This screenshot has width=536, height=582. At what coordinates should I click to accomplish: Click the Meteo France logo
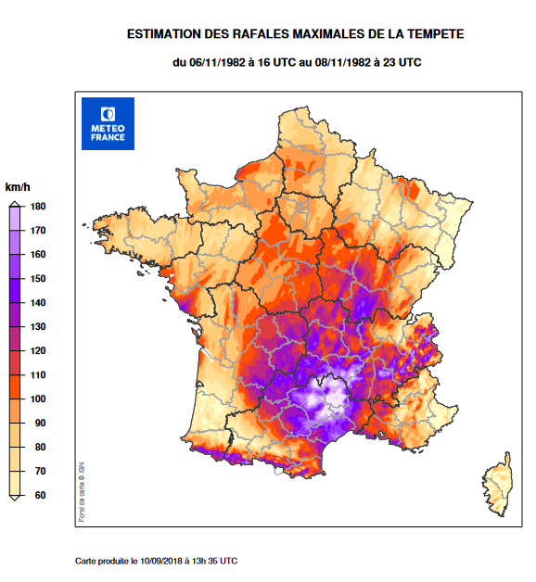pyautogui.click(x=108, y=123)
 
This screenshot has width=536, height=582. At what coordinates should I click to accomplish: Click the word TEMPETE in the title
pyautogui.click(x=432, y=34)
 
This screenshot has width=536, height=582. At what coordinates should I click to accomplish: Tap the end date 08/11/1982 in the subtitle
pyautogui.click(x=344, y=62)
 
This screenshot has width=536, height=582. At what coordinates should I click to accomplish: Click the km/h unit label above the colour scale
pyautogui.click(x=19, y=188)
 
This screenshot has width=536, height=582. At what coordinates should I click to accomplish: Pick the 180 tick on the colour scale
pyautogui.click(x=39, y=207)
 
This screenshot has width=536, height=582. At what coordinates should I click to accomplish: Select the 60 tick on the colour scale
pyautogui.click(x=39, y=496)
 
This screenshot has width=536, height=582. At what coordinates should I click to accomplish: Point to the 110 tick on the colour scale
pyautogui.click(x=39, y=375)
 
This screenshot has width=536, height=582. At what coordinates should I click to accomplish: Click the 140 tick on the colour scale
pyautogui.click(x=39, y=303)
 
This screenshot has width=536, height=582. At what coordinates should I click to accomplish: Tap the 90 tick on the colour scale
pyautogui.click(x=39, y=424)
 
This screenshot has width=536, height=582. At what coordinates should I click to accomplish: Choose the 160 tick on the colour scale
pyautogui.click(x=39, y=255)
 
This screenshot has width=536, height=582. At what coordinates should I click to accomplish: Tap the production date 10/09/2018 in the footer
pyautogui.click(x=166, y=561)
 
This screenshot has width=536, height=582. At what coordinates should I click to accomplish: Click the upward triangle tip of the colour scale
pyautogui.click(x=14, y=207)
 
